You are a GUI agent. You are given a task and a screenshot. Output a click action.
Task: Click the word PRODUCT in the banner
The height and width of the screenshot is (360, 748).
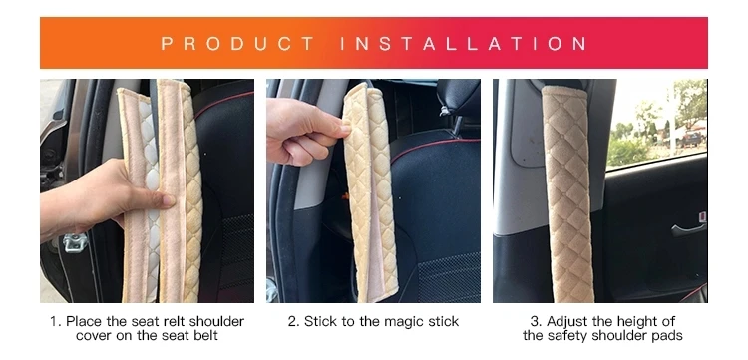point(237,44)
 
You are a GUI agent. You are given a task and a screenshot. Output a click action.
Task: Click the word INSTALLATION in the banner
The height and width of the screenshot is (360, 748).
point(464,44)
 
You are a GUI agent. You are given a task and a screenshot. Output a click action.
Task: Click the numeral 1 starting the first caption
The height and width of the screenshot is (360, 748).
point(54,321)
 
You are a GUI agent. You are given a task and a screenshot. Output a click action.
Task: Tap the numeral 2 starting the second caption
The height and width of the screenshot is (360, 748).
point(292,322)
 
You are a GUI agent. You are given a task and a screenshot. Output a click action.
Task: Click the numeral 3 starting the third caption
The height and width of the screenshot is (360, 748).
point(536,322)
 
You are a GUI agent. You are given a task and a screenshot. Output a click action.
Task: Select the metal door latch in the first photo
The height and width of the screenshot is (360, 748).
point(76,242)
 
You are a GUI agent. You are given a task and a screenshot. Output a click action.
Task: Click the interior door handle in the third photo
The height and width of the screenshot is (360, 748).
point(688,229)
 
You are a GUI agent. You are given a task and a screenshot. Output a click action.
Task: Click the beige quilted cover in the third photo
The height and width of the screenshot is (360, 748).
point(568,193)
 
